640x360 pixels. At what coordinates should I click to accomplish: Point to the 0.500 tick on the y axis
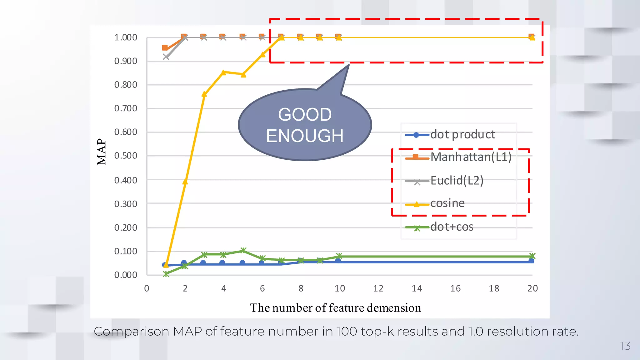coord(126,156)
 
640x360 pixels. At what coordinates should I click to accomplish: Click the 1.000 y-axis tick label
coord(126,37)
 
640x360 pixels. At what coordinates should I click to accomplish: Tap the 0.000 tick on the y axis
coord(126,275)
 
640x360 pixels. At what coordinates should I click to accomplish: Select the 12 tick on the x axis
coord(378,288)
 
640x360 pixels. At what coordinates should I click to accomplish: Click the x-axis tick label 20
coord(532,288)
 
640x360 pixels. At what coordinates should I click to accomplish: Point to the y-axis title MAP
coord(102,152)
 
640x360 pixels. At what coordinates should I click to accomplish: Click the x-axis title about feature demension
coord(335,308)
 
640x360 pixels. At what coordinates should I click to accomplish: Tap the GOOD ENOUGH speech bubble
coord(305,125)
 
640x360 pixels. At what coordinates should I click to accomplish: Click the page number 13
coord(625,346)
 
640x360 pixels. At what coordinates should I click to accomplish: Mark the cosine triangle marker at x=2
coord(185,182)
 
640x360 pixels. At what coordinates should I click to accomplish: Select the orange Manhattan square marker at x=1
coord(165,48)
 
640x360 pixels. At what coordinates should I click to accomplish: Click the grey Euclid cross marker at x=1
coord(166,57)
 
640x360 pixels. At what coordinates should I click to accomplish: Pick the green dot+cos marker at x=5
coord(243,250)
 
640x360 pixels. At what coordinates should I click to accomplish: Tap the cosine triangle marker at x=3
coord(204,94)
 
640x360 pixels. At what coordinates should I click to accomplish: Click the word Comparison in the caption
coord(131,332)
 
